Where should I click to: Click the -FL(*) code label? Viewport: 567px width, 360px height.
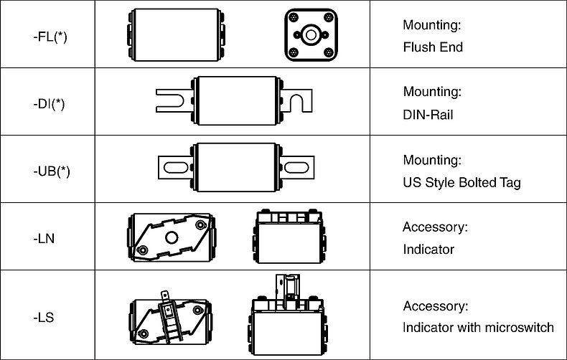(x=50, y=37)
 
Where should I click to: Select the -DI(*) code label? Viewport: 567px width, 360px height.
(x=50, y=104)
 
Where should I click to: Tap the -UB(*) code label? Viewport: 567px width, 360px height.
(x=52, y=171)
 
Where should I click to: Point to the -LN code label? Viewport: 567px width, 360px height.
(x=44, y=239)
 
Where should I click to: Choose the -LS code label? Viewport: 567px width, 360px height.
(x=44, y=318)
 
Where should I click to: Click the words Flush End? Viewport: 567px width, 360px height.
(x=433, y=47)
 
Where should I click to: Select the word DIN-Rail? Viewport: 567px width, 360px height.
(x=428, y=115)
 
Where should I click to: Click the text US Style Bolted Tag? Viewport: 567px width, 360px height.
(x=461, y=183)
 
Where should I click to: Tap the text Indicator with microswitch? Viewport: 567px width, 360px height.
(x=478, y=328)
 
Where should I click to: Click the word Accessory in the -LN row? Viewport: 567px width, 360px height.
(x=434, y=227)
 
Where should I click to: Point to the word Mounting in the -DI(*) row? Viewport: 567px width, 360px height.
(x=432, y=92)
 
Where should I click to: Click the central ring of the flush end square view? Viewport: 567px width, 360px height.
(x=311, y=35)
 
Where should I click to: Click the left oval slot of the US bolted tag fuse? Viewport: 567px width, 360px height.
(x=176, y=167)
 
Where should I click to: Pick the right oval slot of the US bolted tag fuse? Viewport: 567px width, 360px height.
(x=296, y=167)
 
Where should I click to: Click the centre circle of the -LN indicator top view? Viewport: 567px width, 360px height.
(x=172, y=238)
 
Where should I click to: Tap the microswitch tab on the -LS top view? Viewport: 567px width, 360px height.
(x=165, y=296)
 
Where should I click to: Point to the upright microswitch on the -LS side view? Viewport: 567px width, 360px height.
(x=288, y=291)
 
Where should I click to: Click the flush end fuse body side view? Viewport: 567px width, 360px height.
(x=176, y=35)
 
